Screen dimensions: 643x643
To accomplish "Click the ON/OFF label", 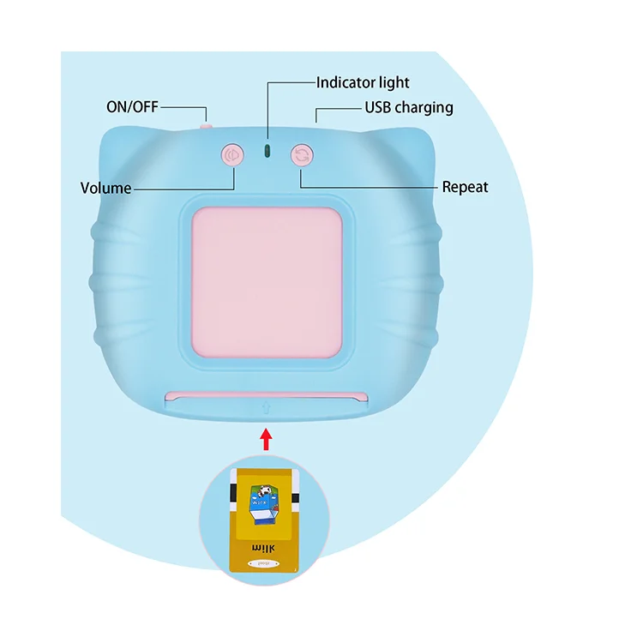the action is (132, 107).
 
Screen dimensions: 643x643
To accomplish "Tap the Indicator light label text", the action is (363, 82).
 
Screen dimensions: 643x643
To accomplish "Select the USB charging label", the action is (409, 108).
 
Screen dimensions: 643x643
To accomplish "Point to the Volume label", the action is (105, 188).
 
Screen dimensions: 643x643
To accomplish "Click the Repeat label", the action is (465, 187).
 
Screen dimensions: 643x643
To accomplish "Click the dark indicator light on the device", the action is (267, 151).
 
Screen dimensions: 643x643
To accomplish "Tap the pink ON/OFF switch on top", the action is (206, 126).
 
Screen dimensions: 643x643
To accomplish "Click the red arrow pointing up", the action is (267, 438).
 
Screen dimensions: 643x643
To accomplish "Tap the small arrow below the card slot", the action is (267, 410).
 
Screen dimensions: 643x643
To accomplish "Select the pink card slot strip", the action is (267, 395).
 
